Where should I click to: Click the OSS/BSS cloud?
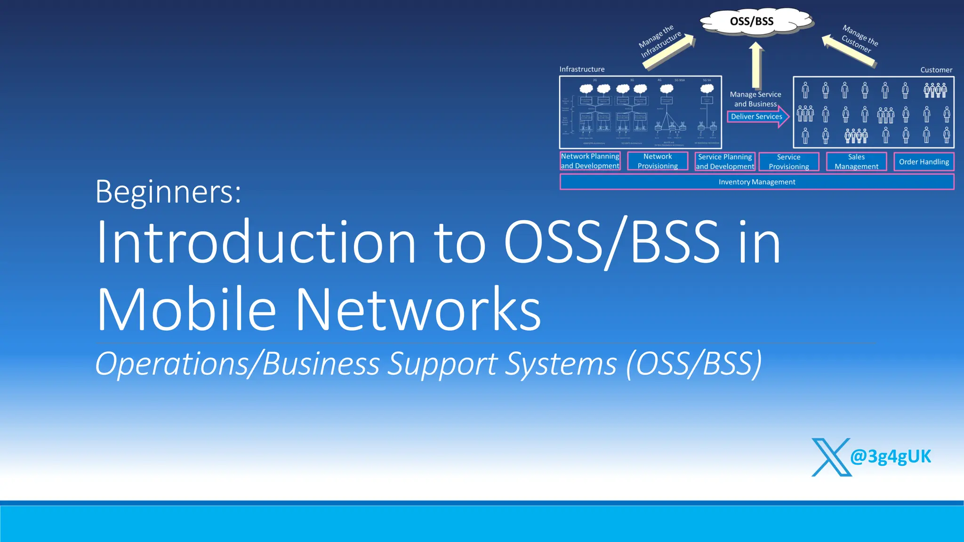[753, 22]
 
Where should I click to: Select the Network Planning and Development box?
[590, 161]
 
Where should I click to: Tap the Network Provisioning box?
[658, 161]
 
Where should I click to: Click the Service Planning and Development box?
[725, 161]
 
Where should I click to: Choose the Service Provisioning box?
[788, 161]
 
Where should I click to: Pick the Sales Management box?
[856, 161]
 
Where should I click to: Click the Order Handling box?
[924, 161]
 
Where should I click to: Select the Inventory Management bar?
[756, 182]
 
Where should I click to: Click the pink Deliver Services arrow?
[758, 116]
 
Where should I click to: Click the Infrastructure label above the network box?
[582, 69]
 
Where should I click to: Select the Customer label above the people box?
[936, 70]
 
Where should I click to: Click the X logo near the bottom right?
[831, 457]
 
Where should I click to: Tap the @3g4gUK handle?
[891, 456]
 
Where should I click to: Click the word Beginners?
[168, 191]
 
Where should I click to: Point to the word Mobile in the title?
[186, 310]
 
